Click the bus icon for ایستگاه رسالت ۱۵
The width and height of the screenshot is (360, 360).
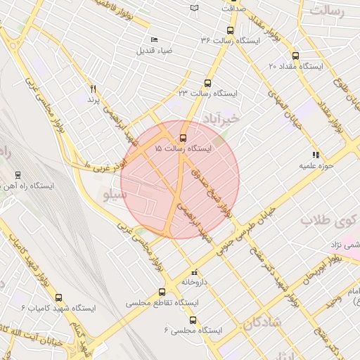184,138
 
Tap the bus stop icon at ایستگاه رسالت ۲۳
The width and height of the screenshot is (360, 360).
207,82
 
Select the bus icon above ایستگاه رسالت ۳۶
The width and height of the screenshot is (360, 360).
230,30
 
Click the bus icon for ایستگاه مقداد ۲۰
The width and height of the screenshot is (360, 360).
295,56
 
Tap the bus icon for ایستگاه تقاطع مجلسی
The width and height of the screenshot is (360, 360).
163,292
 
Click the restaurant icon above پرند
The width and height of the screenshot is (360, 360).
92,89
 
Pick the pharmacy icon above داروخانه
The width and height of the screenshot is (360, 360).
195,271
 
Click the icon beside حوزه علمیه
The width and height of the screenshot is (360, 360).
316,155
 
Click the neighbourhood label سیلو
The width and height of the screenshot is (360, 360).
115,193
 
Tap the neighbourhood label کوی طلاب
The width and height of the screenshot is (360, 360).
326,220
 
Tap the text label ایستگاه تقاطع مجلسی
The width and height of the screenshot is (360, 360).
155,303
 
